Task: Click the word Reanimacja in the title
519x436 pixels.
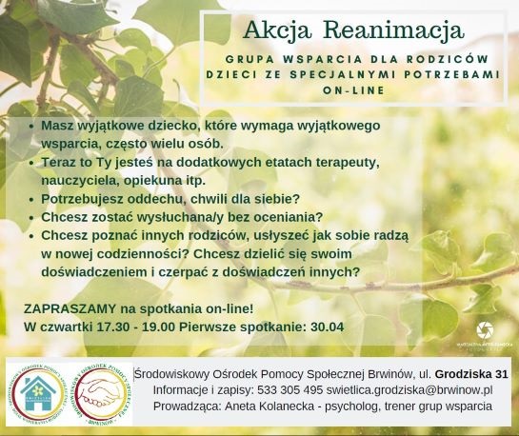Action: pyautogui.click(x=407, y=30)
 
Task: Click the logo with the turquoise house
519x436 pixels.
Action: pyautogui.click(x=36, y=391)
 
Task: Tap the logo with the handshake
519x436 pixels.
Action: pyautogui.click(x=98, y=391)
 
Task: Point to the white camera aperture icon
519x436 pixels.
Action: pyautogui.click(x=483, y=329)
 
